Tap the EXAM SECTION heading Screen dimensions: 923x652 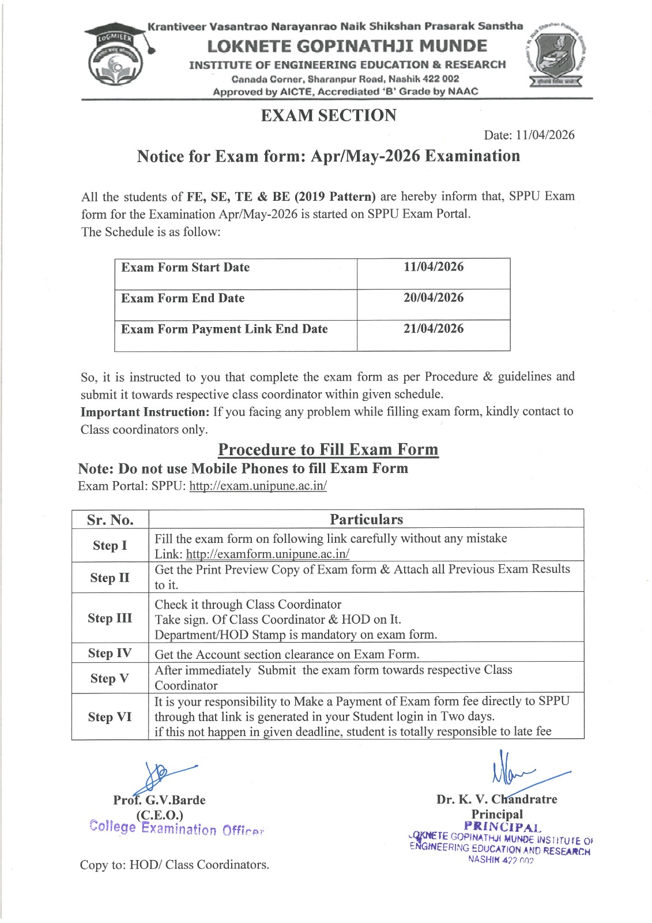tap(329, 115)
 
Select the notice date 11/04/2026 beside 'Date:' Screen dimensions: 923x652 tap(545, 135)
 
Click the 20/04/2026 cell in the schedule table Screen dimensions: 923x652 tap(434, 298)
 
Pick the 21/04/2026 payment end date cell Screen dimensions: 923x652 tap(434, 329)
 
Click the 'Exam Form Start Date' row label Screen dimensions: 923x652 tap(186, 268)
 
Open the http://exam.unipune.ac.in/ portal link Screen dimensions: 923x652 tap(258, 486)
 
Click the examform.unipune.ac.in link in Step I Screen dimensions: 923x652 tap(267, 554)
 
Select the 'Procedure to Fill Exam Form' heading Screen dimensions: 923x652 tap(328, 449)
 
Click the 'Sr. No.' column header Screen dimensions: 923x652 tap(110, 520)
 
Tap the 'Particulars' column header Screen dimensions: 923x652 tap(366, 519)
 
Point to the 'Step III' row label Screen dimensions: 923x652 tap(110, 618)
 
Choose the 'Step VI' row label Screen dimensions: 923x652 tap(110, 717)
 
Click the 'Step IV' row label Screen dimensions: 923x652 tap(110, 653)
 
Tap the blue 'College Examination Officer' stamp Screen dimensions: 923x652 tap(176, 828)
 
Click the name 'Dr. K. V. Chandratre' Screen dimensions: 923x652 tap(496, 800)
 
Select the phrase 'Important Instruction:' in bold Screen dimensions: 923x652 tap(145, 412)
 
